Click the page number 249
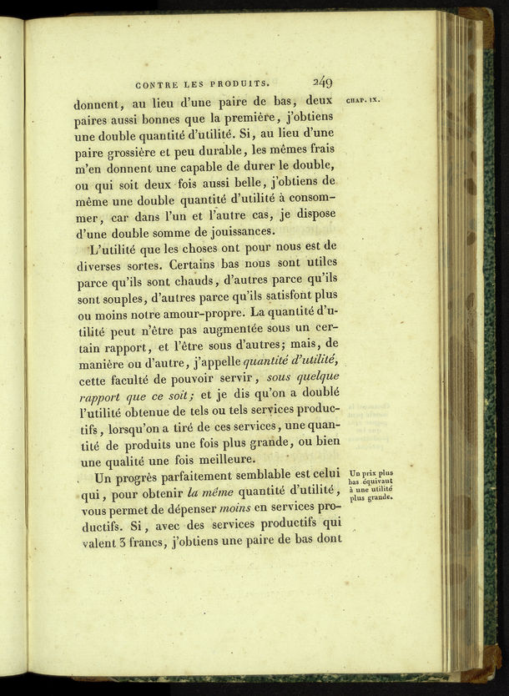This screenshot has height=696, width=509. pyautogui.click(x=323, y=82)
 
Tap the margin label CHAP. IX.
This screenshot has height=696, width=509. pyautogui.click(x=362, y=100)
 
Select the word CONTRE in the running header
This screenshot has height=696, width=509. pyautogui.click(x=154, y=83)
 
